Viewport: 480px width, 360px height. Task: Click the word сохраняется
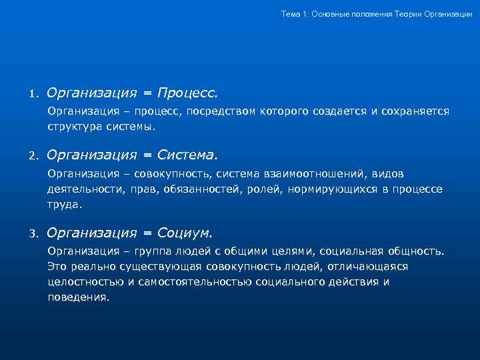(415, 110)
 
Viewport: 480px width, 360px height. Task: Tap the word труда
(65, 205)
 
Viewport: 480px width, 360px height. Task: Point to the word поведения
(78, 297)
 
